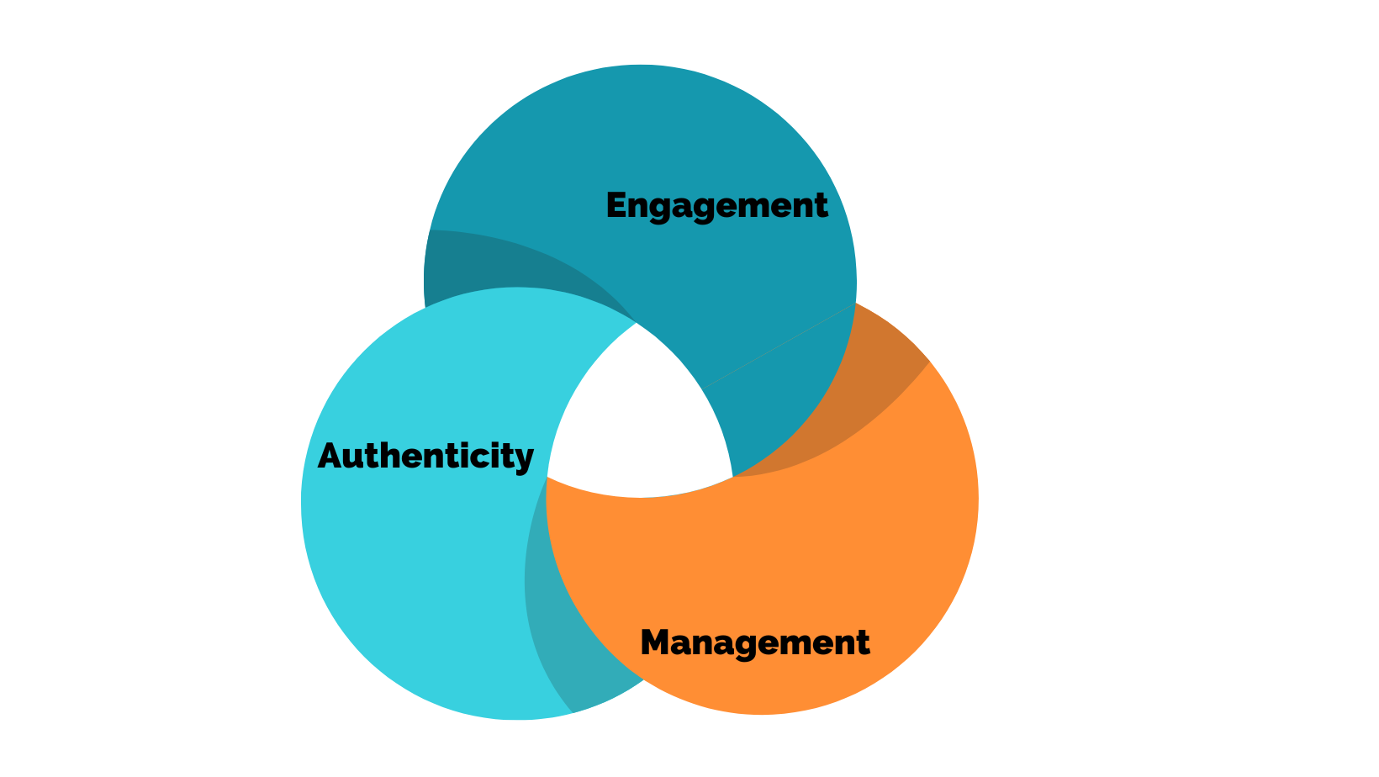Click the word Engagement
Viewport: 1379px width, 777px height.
point(716,206)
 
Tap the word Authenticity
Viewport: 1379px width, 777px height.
point(425,457)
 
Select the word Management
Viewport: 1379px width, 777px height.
point(754,643)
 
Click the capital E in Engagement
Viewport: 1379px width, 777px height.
point(617,206)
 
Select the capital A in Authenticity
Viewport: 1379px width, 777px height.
point(331,457)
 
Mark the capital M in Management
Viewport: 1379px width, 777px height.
point(658,643)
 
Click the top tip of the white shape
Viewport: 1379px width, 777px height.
point(637,325)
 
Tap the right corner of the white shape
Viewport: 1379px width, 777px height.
point(731,476)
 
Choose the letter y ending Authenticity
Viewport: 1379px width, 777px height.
point(524,460)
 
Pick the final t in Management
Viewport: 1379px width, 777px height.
point(862,644)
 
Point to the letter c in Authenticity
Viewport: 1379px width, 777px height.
point(468,459)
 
